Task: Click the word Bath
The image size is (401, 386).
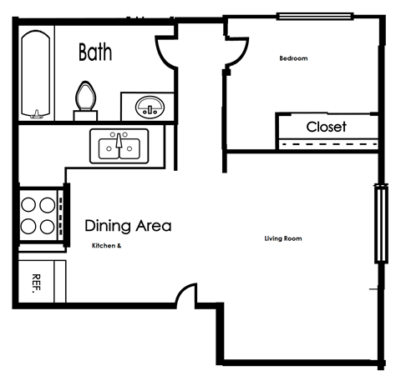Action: [95, 53]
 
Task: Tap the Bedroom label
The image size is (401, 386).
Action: [293, 58]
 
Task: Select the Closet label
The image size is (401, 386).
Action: [326, 128]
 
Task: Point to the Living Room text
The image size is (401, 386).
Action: [282, 239]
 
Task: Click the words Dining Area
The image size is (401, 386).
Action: [128, 225]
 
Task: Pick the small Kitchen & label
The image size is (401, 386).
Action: [107, 246]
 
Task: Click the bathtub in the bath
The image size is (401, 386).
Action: [35, 74]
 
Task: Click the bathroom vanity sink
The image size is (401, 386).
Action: [150, 107]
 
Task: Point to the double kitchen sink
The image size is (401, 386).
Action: [119, 147]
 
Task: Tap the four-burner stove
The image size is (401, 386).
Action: [38, 214]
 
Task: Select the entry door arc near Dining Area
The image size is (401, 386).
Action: [186, 295]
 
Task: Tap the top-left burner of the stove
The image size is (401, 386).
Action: [27, 203]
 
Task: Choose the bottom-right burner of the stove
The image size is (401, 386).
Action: [47, 225]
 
